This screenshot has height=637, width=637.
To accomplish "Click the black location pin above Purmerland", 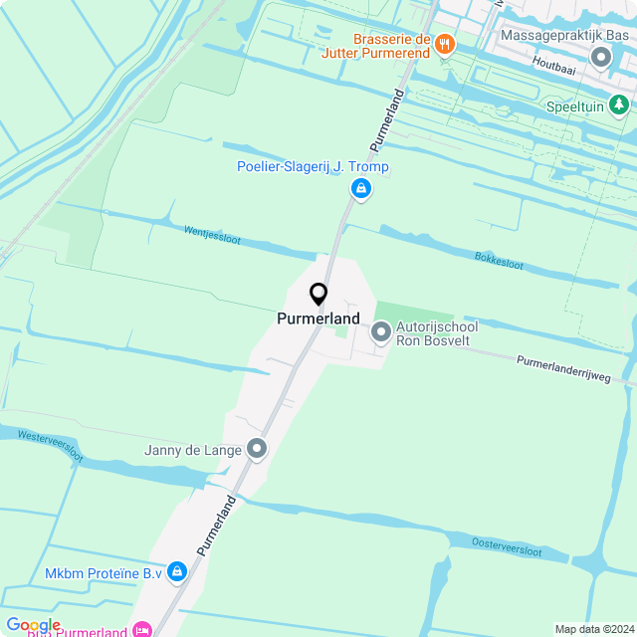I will pyautogui.click(x=318, y=294).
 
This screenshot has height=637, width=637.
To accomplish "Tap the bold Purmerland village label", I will pyautogui.click(x=318, y=318).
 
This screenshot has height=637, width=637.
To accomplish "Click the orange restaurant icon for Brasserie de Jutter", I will pyautogui.click(x=445, y=44).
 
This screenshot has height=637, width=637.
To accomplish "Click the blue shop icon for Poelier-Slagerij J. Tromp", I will pyautogui.click(x=361, y=188).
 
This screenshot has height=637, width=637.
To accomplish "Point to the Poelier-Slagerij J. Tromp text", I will pyautogui.click(x=313, y=167).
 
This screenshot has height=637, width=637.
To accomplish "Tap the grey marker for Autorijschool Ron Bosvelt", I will pyautogui.click(x=381, y=332).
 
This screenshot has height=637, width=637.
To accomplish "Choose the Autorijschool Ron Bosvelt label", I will pyautogui.click(x=437, y=333).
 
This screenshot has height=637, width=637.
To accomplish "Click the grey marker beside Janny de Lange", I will pyautogui.click(x=258, y=450).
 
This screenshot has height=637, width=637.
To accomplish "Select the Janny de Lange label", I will pyautogui.click(x=193, y=450).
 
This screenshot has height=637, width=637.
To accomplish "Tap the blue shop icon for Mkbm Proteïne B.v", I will pyautogui.click(x=177, y=571).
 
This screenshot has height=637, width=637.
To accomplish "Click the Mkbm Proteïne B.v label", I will pyautogui.click(x=103, y=573).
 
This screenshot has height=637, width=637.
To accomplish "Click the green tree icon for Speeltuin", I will pyautogui.click(x=619, y=105).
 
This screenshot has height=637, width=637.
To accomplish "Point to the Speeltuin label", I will pyautogui.click(x=576, y=106).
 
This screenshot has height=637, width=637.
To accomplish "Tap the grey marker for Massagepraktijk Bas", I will pyautogui.click(x=601, y=57).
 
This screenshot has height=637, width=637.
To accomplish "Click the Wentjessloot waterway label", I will pyautogui.click(x=213, y=235).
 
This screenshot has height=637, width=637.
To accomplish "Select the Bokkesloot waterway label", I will pyautogui.click(x=499, y=262).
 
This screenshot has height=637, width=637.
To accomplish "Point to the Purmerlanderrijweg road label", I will pyautogui.click(x=562, y=367).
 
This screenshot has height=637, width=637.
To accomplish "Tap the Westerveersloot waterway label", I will pyautogui.click(x=51, y=444).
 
